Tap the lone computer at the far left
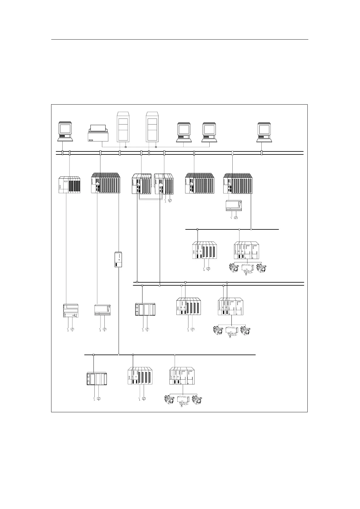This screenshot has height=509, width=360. point(65,131)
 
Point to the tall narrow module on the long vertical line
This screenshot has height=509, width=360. point(119,259)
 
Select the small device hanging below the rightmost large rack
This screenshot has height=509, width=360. point(234,206)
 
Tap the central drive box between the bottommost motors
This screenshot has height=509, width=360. point(183,400)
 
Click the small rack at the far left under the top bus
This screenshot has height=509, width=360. point(69,185)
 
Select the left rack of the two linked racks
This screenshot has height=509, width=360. point(141,184)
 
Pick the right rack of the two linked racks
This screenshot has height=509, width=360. point(164,184)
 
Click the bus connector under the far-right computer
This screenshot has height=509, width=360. point(262,153)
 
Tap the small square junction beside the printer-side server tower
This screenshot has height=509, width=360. point(126,147)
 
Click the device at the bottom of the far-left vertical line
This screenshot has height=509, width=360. point(70,311)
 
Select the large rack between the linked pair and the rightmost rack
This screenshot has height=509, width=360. point(200,183)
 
